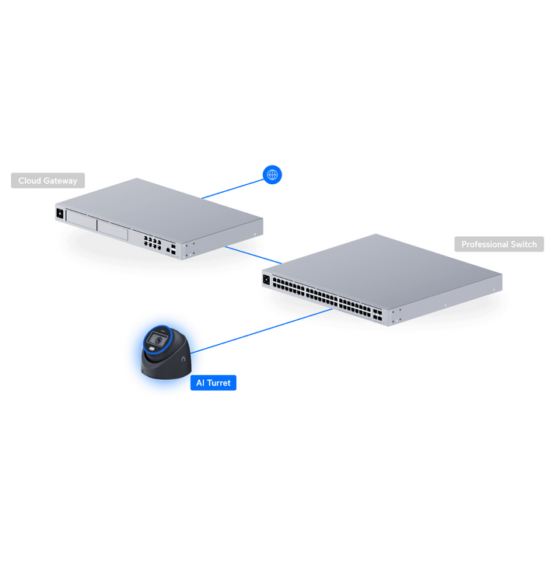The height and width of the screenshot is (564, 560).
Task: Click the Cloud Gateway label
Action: (x=48, y=180)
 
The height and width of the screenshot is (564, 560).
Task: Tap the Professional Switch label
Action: (x=499, y=244)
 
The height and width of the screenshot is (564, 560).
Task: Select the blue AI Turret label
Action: (x=213, y=383)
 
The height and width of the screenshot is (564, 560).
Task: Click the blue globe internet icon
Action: (x=272, y=175)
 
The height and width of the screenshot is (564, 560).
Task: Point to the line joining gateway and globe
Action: (x=233, y=189)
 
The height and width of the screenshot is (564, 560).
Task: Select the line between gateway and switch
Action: (x=254, y=255)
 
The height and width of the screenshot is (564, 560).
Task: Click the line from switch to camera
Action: (x=262, y=331)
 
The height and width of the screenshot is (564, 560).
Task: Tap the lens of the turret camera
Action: (x=157, y=339)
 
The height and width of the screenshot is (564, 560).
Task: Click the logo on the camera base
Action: (x=184, y=359)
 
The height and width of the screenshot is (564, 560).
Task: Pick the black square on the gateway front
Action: (x=60, y=214)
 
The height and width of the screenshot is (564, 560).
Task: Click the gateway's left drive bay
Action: (x=82, y=220)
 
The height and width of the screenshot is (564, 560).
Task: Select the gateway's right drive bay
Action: (x=112, y=230)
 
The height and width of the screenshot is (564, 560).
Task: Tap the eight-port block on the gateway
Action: (x=152, y=243)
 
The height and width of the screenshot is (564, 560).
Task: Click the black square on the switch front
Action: (x=267, y=279)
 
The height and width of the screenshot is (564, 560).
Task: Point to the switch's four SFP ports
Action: (x=377, y=315)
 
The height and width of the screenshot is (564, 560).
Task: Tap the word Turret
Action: (x=219, y=383)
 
